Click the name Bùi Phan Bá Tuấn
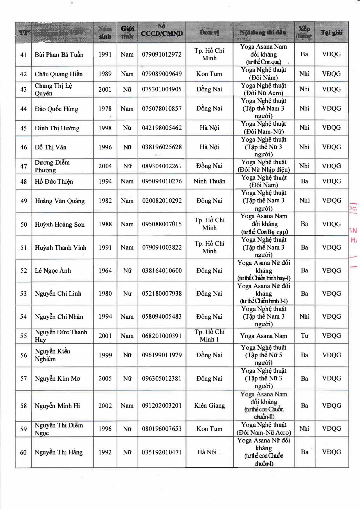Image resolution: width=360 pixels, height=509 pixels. [59, 55]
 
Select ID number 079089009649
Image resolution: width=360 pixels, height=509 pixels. [162, 74]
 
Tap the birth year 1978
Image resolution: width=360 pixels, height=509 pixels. [105, 109]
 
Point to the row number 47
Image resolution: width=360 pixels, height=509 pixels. [24, 166]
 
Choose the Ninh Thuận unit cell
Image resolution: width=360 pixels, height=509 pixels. [209, 181]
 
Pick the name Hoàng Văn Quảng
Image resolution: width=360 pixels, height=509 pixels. [60, 201]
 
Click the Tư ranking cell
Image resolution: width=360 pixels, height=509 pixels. [305, 336]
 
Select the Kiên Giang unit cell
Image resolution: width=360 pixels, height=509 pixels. [209, 406]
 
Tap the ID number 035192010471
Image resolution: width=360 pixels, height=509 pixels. [162, 452]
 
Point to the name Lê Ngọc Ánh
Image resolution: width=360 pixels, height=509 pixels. [53, 270]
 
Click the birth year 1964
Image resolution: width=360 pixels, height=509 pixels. [105, 270]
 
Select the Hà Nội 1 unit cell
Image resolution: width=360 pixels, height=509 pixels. [209, 452]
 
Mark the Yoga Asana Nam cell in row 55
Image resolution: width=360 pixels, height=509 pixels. [264, 336]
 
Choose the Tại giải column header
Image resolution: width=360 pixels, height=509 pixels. [332, 33]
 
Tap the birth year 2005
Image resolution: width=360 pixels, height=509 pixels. [105, 378]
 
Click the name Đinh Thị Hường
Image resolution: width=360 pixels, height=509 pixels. [57, 128]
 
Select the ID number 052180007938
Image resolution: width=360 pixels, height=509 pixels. [162, 294]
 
